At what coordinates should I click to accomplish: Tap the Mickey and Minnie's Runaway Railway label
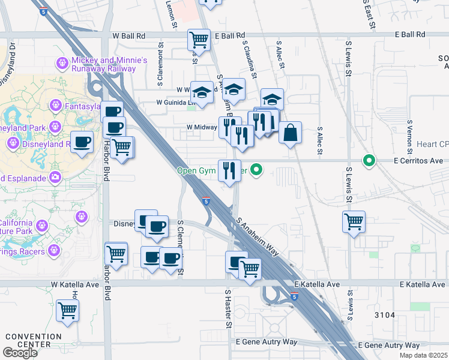tap(109, 64)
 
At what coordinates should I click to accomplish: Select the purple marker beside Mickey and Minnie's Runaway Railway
tap(61, 62)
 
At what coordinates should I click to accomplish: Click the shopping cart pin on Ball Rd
tap(199, 40)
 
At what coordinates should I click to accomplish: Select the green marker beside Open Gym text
tap(257, 170)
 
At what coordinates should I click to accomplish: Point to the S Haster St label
tap(228, 309)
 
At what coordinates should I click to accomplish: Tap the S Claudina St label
tap(250, 59)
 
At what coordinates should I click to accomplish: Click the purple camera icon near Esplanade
tap(55, 176)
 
